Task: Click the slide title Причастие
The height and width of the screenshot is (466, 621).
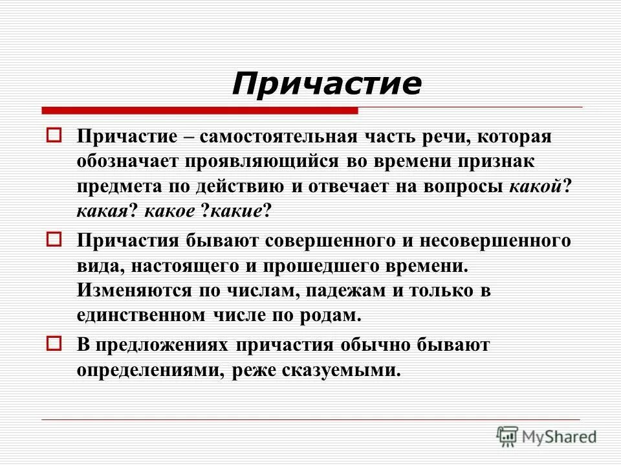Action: tap(327, 83)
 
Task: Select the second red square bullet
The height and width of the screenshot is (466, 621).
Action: tap(54, 239)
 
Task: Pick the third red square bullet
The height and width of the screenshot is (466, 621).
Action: tap(54, 343)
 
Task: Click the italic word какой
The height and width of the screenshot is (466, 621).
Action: tap(534, 186)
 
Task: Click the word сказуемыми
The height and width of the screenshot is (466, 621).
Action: tap(342, 370)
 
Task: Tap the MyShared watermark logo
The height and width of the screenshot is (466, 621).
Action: tap(547, 436)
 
